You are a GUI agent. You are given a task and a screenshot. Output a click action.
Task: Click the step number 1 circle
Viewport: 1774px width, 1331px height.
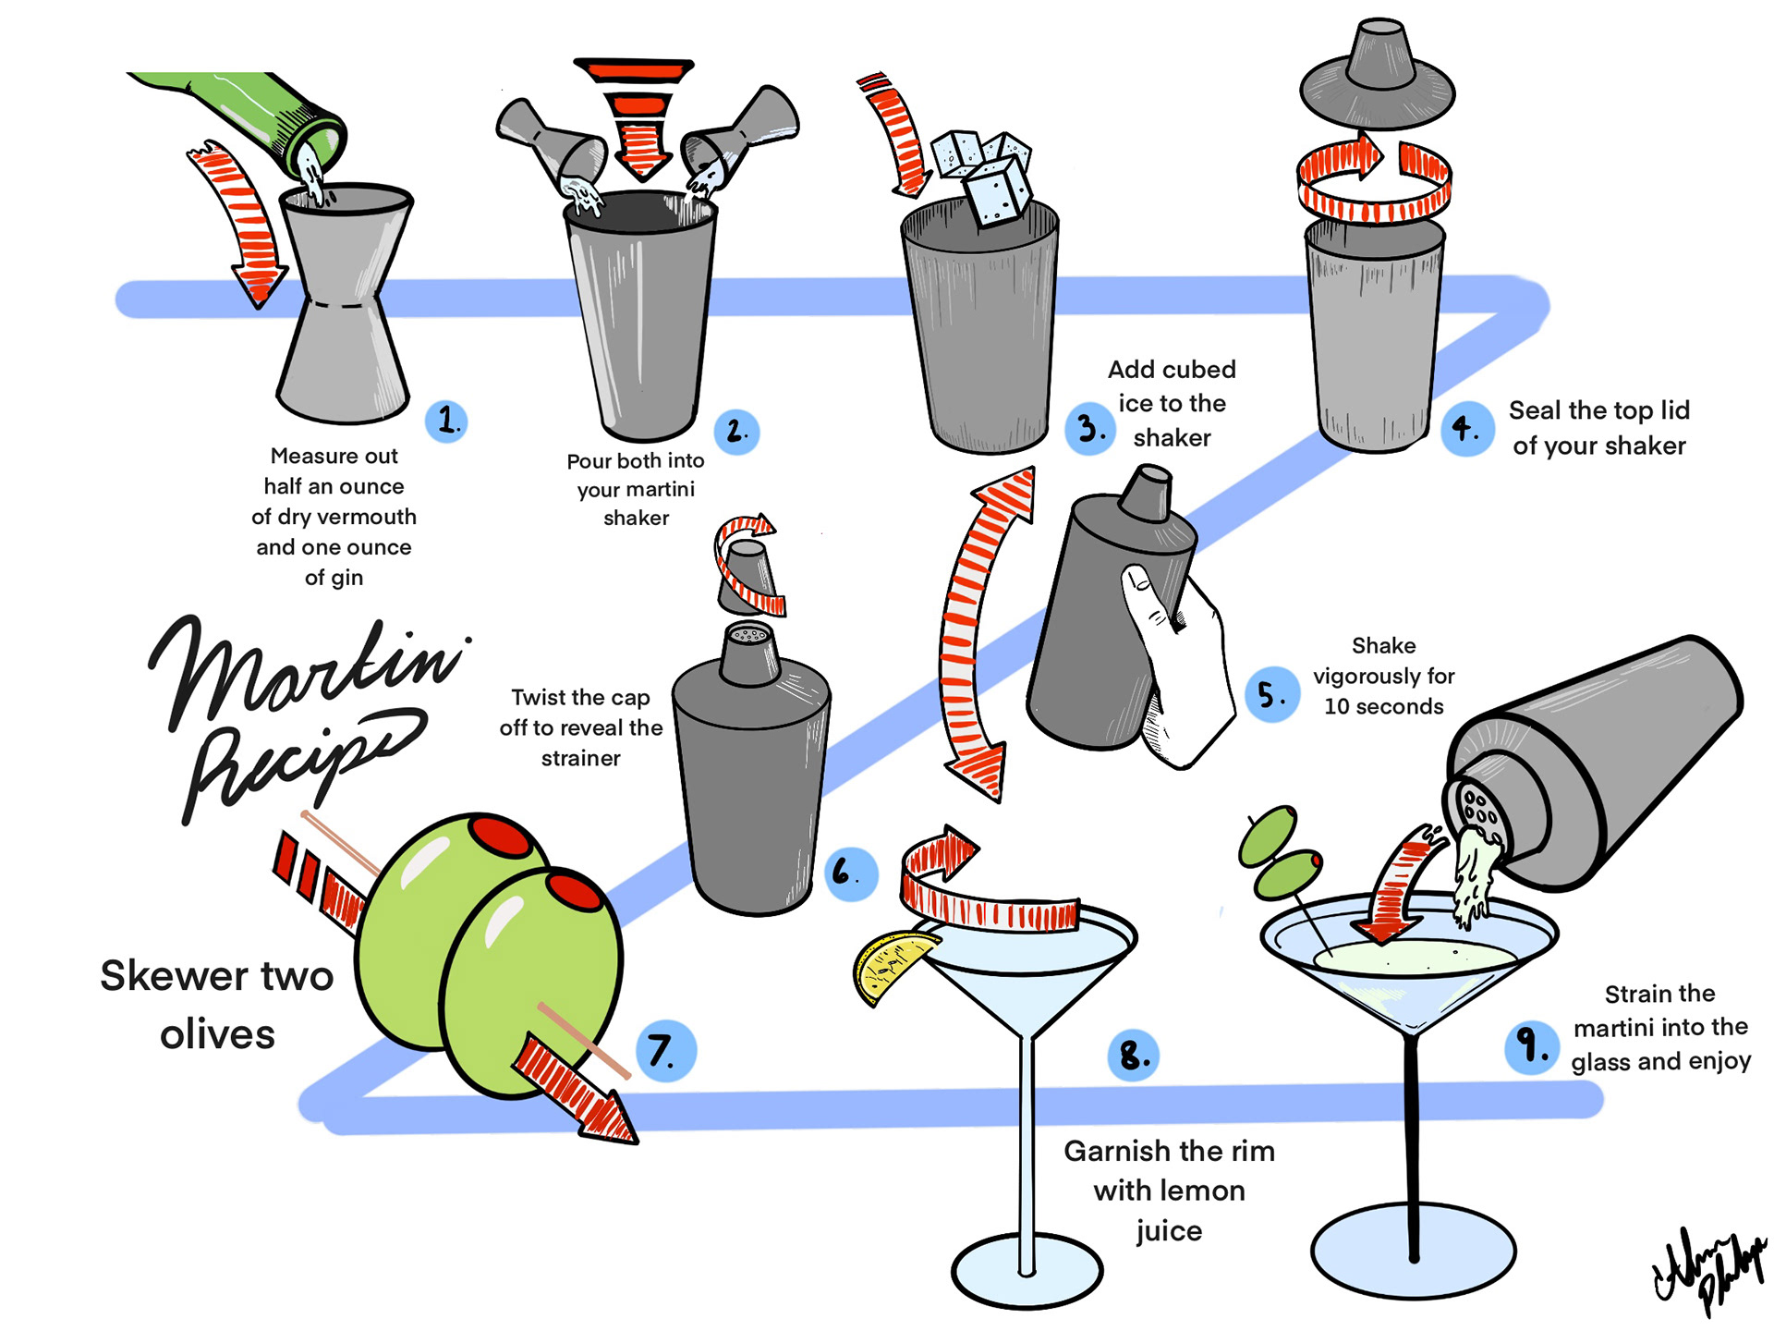coord(447,421)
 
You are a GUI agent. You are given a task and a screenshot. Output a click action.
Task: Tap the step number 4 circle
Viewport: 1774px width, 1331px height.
coord(1466,429)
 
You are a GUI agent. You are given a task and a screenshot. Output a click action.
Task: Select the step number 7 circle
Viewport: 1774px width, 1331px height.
coord(664,1051)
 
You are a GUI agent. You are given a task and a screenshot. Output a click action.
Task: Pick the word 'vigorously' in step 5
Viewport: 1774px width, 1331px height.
coord(1383,676)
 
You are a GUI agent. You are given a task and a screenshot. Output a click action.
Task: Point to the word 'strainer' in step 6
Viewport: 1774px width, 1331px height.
coord(580,758)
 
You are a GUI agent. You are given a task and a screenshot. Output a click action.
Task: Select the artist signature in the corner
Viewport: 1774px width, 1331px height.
coord(1708,1272)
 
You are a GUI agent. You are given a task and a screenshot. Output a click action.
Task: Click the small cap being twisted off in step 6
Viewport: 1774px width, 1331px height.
coord(747,577)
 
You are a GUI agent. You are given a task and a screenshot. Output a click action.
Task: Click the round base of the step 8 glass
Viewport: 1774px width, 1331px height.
coord(1027,1272)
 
